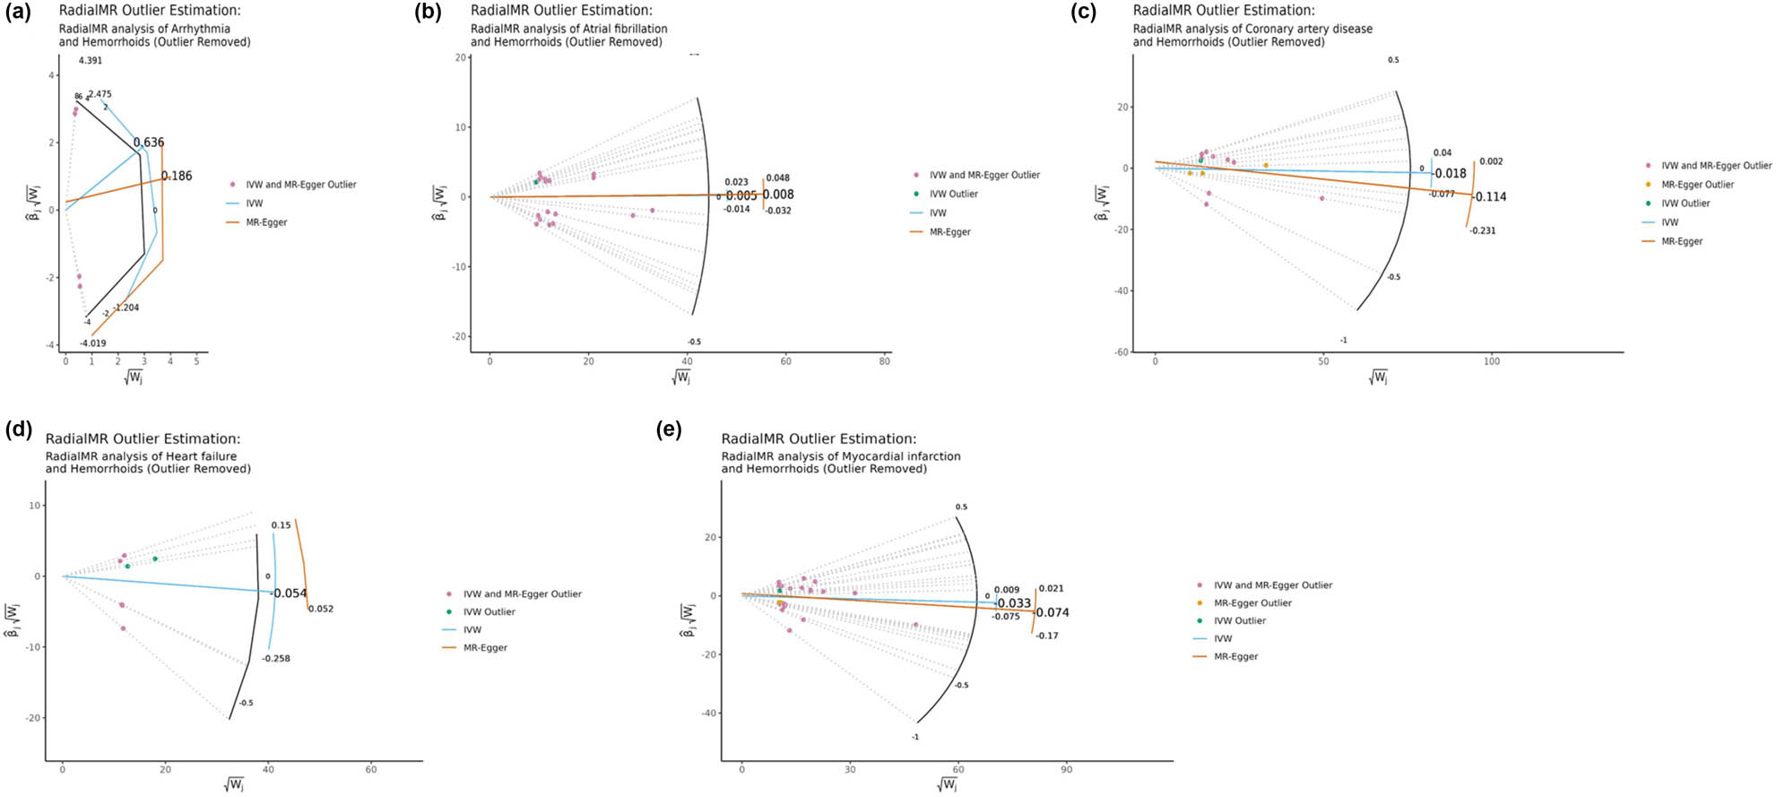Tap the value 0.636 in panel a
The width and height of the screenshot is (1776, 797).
coord(149,143)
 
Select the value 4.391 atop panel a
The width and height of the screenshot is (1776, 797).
coord(90,61)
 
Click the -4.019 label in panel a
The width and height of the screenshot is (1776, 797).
coord(93,343)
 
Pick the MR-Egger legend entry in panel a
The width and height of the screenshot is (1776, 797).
coord(266,222)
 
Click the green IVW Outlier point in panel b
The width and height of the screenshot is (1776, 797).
coord(536,182)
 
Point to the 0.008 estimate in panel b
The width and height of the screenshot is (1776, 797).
coord(778,195)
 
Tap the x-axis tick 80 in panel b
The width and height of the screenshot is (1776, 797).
coord(884,361)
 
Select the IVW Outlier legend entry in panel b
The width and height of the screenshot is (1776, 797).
coord(953,194)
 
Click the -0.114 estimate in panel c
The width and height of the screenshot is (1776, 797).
coord(1490,197)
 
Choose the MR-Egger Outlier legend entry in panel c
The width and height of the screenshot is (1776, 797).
coord(1697,185)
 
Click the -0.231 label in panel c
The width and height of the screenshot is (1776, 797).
coord(1483,231)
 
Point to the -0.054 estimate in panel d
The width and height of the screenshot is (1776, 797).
coord(290,593)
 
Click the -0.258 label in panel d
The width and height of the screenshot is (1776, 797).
coord(276,659)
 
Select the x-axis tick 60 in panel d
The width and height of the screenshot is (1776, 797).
coord(371,769)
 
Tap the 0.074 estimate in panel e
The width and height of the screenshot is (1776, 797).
coord(1053,613)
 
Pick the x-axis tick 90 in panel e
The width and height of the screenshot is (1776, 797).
coord(1067,769)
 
